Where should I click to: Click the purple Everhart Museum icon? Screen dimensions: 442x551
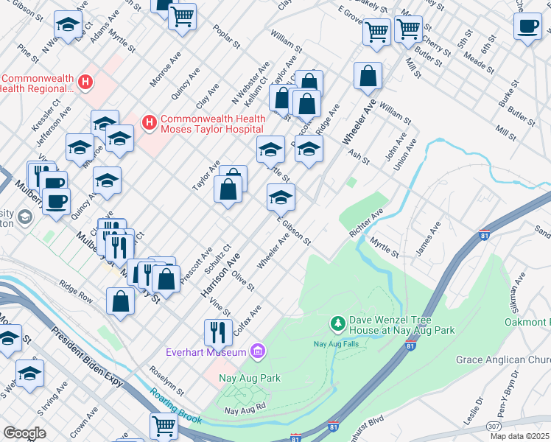pos(257,352)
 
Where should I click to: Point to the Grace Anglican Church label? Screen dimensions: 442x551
pos(503,359)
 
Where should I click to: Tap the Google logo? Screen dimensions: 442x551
pos(25,433)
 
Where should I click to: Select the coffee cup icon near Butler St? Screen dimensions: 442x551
pos(527,27)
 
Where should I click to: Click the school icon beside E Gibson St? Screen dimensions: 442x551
pos(281,197)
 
